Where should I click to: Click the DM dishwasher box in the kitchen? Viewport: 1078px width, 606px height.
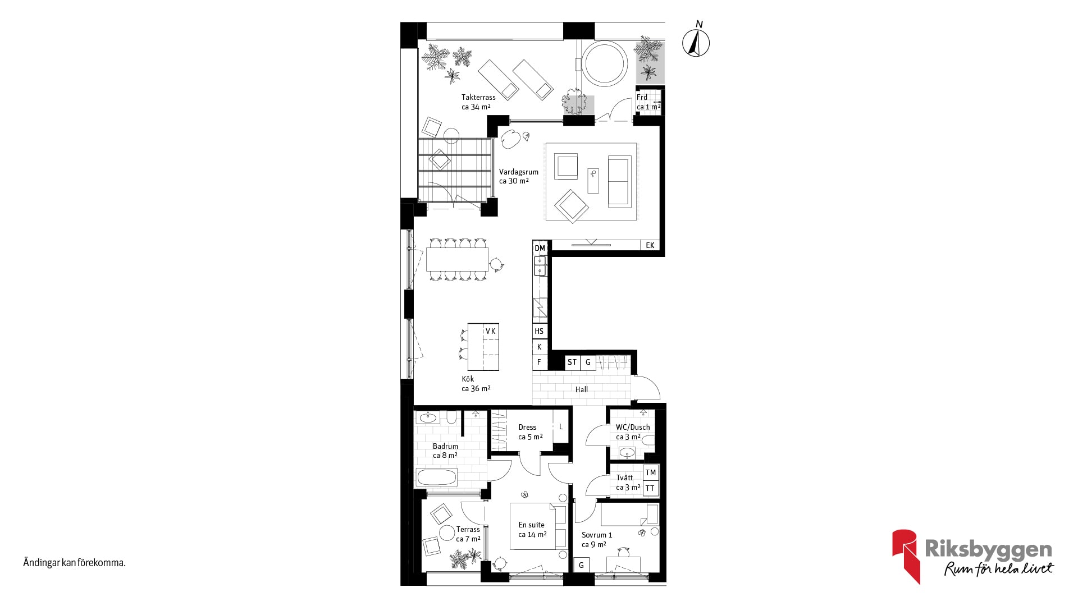[x=540, y=248]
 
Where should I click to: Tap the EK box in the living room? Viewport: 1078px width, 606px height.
[x=650, y=245]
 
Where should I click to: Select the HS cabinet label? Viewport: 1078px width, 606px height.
[x=539, y=331]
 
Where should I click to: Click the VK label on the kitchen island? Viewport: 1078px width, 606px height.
[x=491, y=331]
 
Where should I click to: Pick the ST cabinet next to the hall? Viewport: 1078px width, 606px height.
[x=572, y=362]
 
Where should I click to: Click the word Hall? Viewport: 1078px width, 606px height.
[x=582, y=389]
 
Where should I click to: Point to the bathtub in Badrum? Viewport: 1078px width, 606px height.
[x=436, y=478]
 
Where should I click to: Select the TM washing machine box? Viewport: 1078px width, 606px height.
[x=651, y=472]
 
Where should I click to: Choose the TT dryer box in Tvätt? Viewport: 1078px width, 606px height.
[x=651, y=488]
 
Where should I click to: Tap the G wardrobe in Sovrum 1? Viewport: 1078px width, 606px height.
[x=581, y=565]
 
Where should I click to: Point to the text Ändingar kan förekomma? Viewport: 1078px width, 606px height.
[x=74, y=562]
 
